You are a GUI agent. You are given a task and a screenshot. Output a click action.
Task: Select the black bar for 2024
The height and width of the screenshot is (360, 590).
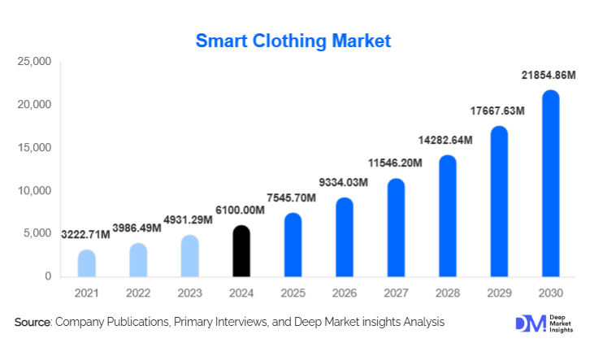(x=241, y=252)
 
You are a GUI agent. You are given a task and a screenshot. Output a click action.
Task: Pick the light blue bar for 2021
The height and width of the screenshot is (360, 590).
(x=87, y=264)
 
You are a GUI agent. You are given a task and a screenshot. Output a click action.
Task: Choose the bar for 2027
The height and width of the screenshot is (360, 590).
(x=396, y=228)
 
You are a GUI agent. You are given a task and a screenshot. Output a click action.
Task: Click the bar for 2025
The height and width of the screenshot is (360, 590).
(x=293, y=245)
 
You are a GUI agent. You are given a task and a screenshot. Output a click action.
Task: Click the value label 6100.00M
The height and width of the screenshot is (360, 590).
(x=241, y=210)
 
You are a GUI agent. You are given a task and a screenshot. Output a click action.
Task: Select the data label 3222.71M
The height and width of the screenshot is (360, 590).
(x=86, y=234)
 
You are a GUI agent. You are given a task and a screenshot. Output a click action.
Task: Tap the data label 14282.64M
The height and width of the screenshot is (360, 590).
(x=447, y=139)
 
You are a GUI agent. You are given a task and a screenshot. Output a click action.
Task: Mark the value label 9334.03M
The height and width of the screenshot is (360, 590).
(x=344, y=182)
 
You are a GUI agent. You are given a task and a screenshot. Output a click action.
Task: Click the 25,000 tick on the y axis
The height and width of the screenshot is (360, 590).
(x=35, y=62)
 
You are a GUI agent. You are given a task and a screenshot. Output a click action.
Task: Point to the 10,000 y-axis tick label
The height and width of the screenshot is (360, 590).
(x=35, y=191)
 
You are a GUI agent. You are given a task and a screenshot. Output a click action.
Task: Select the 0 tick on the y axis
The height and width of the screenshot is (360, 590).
(x=48, y=277)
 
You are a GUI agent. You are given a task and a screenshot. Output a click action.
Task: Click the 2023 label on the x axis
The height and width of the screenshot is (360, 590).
(x=189, y=293)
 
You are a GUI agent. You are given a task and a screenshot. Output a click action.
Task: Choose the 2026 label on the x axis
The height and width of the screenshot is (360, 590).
(x=345, y=293)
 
